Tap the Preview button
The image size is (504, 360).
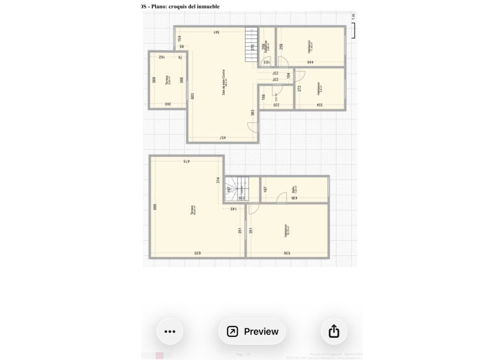(x=252, y=331)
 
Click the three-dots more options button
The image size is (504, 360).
(x=170, y=331)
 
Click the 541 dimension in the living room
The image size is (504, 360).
(x=216, y=32)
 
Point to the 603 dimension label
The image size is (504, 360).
(x=193, y=96)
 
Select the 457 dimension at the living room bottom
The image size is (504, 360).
(x=222, y=138)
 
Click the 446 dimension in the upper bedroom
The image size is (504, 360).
(x=311, y=62)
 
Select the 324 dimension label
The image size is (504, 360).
(x=320, y=105)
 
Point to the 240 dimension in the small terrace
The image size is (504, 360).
(x=168, y=104)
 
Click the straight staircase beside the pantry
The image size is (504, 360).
(x=252, y=44)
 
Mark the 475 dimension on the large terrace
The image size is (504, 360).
(x=187, y=161)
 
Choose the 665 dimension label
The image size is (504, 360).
(x=155, y=207)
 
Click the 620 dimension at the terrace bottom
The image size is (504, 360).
(x=197, y=253)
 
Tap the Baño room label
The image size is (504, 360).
(x=293, y=189)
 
